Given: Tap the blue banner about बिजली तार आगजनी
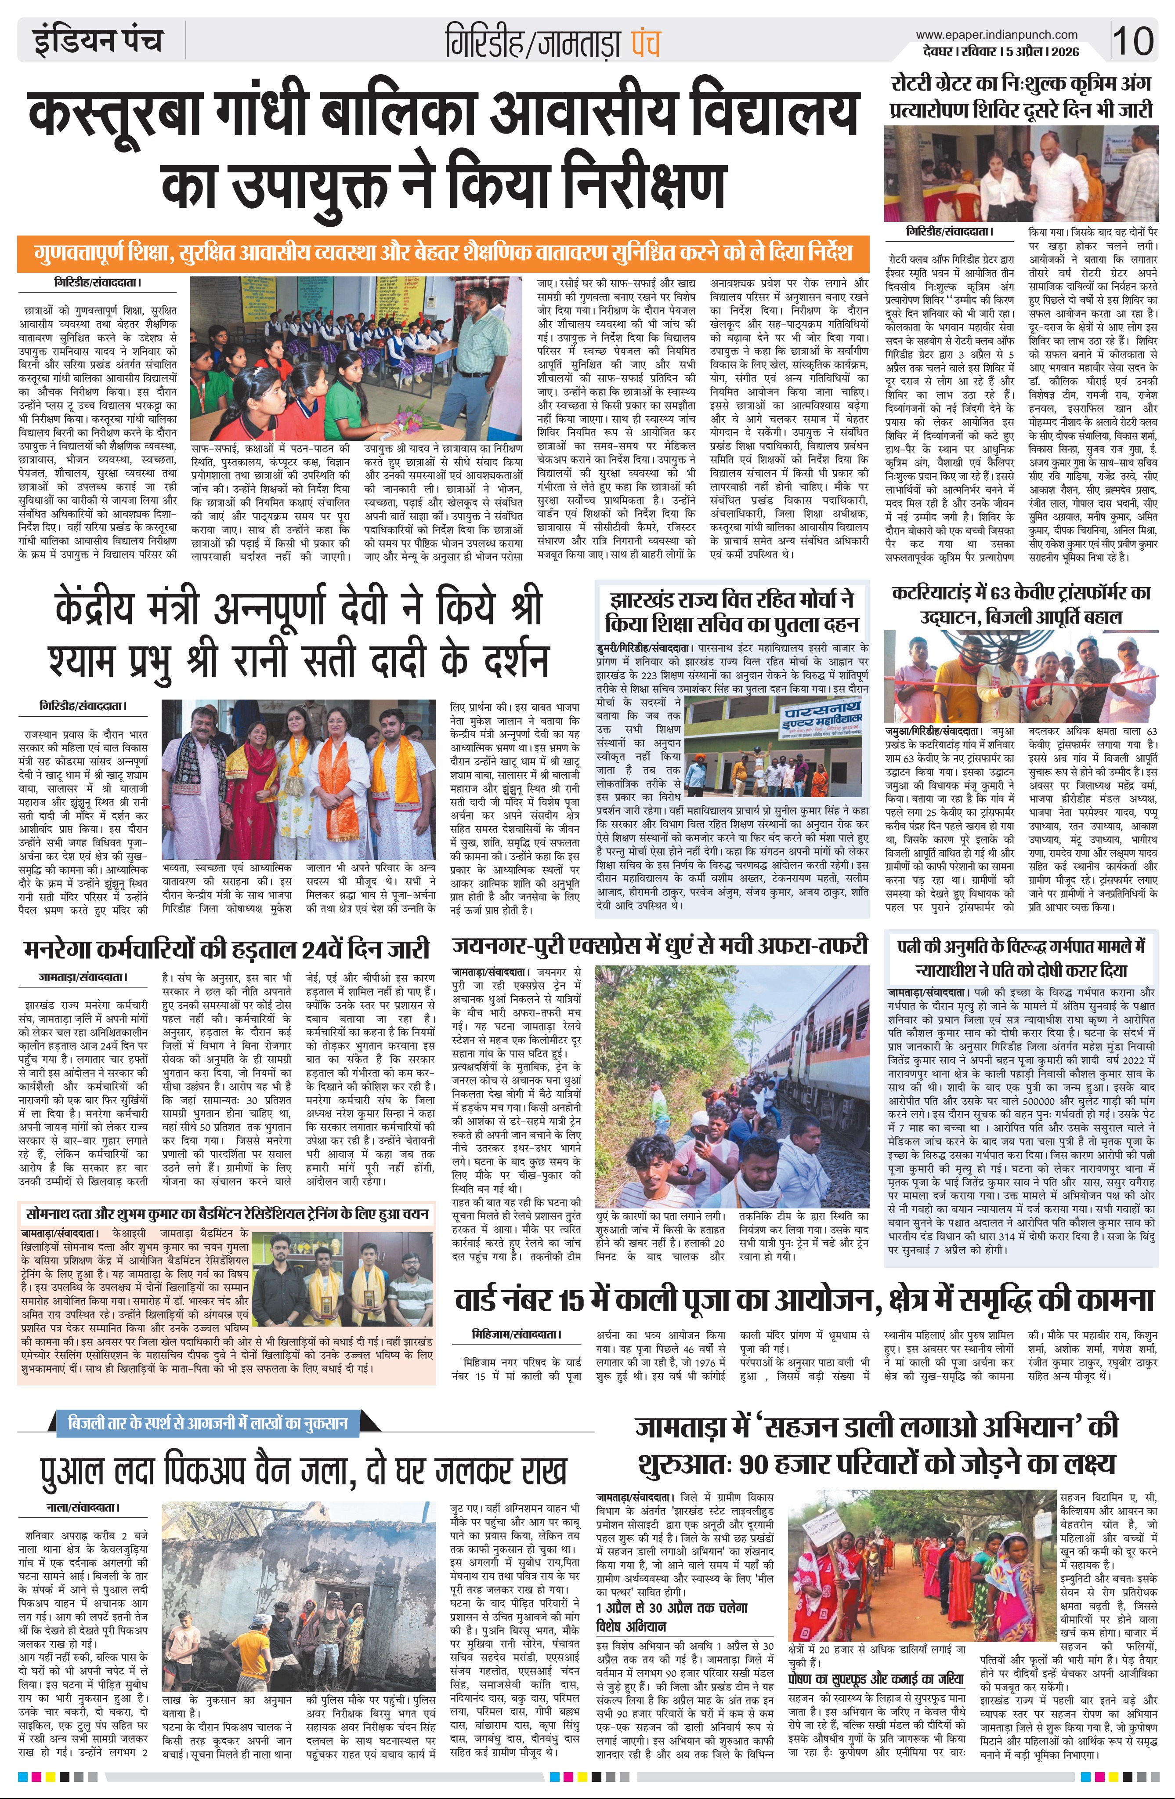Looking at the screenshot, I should [208, 1423].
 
